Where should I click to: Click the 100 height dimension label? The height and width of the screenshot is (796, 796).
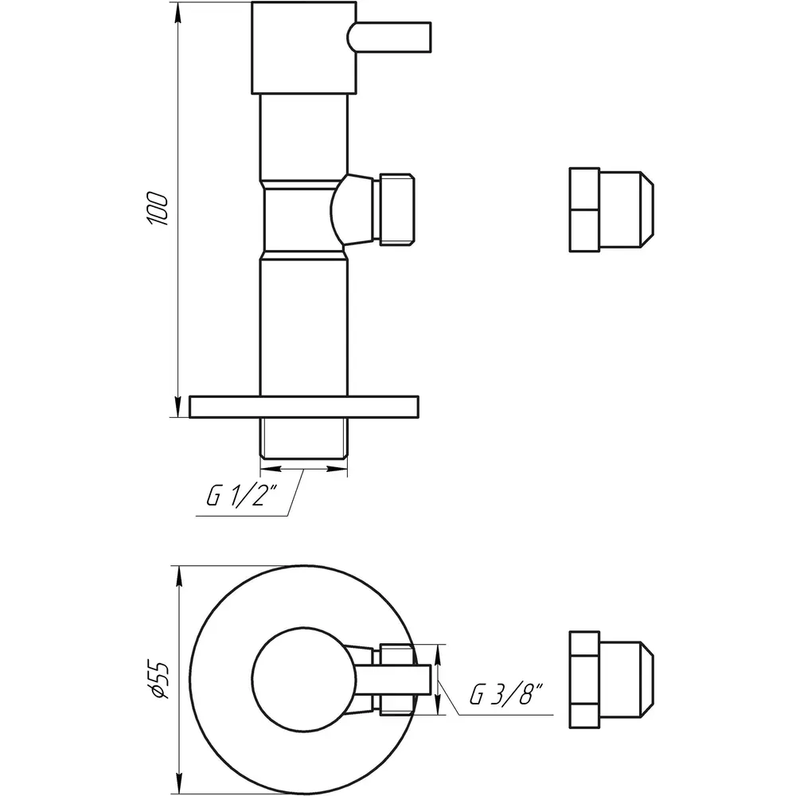click(157, 209)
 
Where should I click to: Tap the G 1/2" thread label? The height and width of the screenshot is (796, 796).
click(242, 495)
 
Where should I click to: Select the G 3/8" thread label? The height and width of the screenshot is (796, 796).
click(506, 694)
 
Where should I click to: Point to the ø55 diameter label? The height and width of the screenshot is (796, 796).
click(157, 679)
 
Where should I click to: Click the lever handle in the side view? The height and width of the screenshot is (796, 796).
click(389, 37)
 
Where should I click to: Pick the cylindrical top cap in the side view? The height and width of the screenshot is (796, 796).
click(303, 48)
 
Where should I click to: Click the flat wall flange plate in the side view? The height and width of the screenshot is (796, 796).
click(304, 407)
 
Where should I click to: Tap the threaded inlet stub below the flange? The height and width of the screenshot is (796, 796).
click(304, 438)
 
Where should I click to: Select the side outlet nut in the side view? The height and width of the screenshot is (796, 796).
click(395, 209)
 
